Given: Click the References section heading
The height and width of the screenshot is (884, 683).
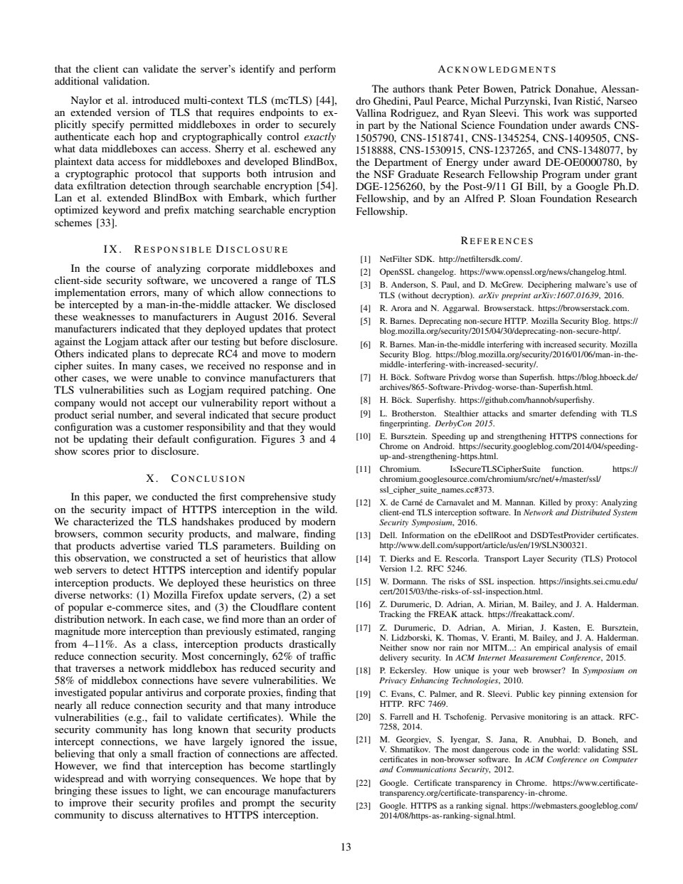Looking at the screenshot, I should click(496, 241).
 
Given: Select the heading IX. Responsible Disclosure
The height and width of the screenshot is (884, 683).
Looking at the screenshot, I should click(195, 250).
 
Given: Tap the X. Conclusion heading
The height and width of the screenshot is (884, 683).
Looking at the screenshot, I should click(195, 479).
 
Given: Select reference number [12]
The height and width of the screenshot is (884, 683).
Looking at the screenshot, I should click(364, 502).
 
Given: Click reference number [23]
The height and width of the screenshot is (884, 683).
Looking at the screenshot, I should click(364, 806).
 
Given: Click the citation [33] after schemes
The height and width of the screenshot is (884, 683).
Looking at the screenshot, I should click(106, 223).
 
